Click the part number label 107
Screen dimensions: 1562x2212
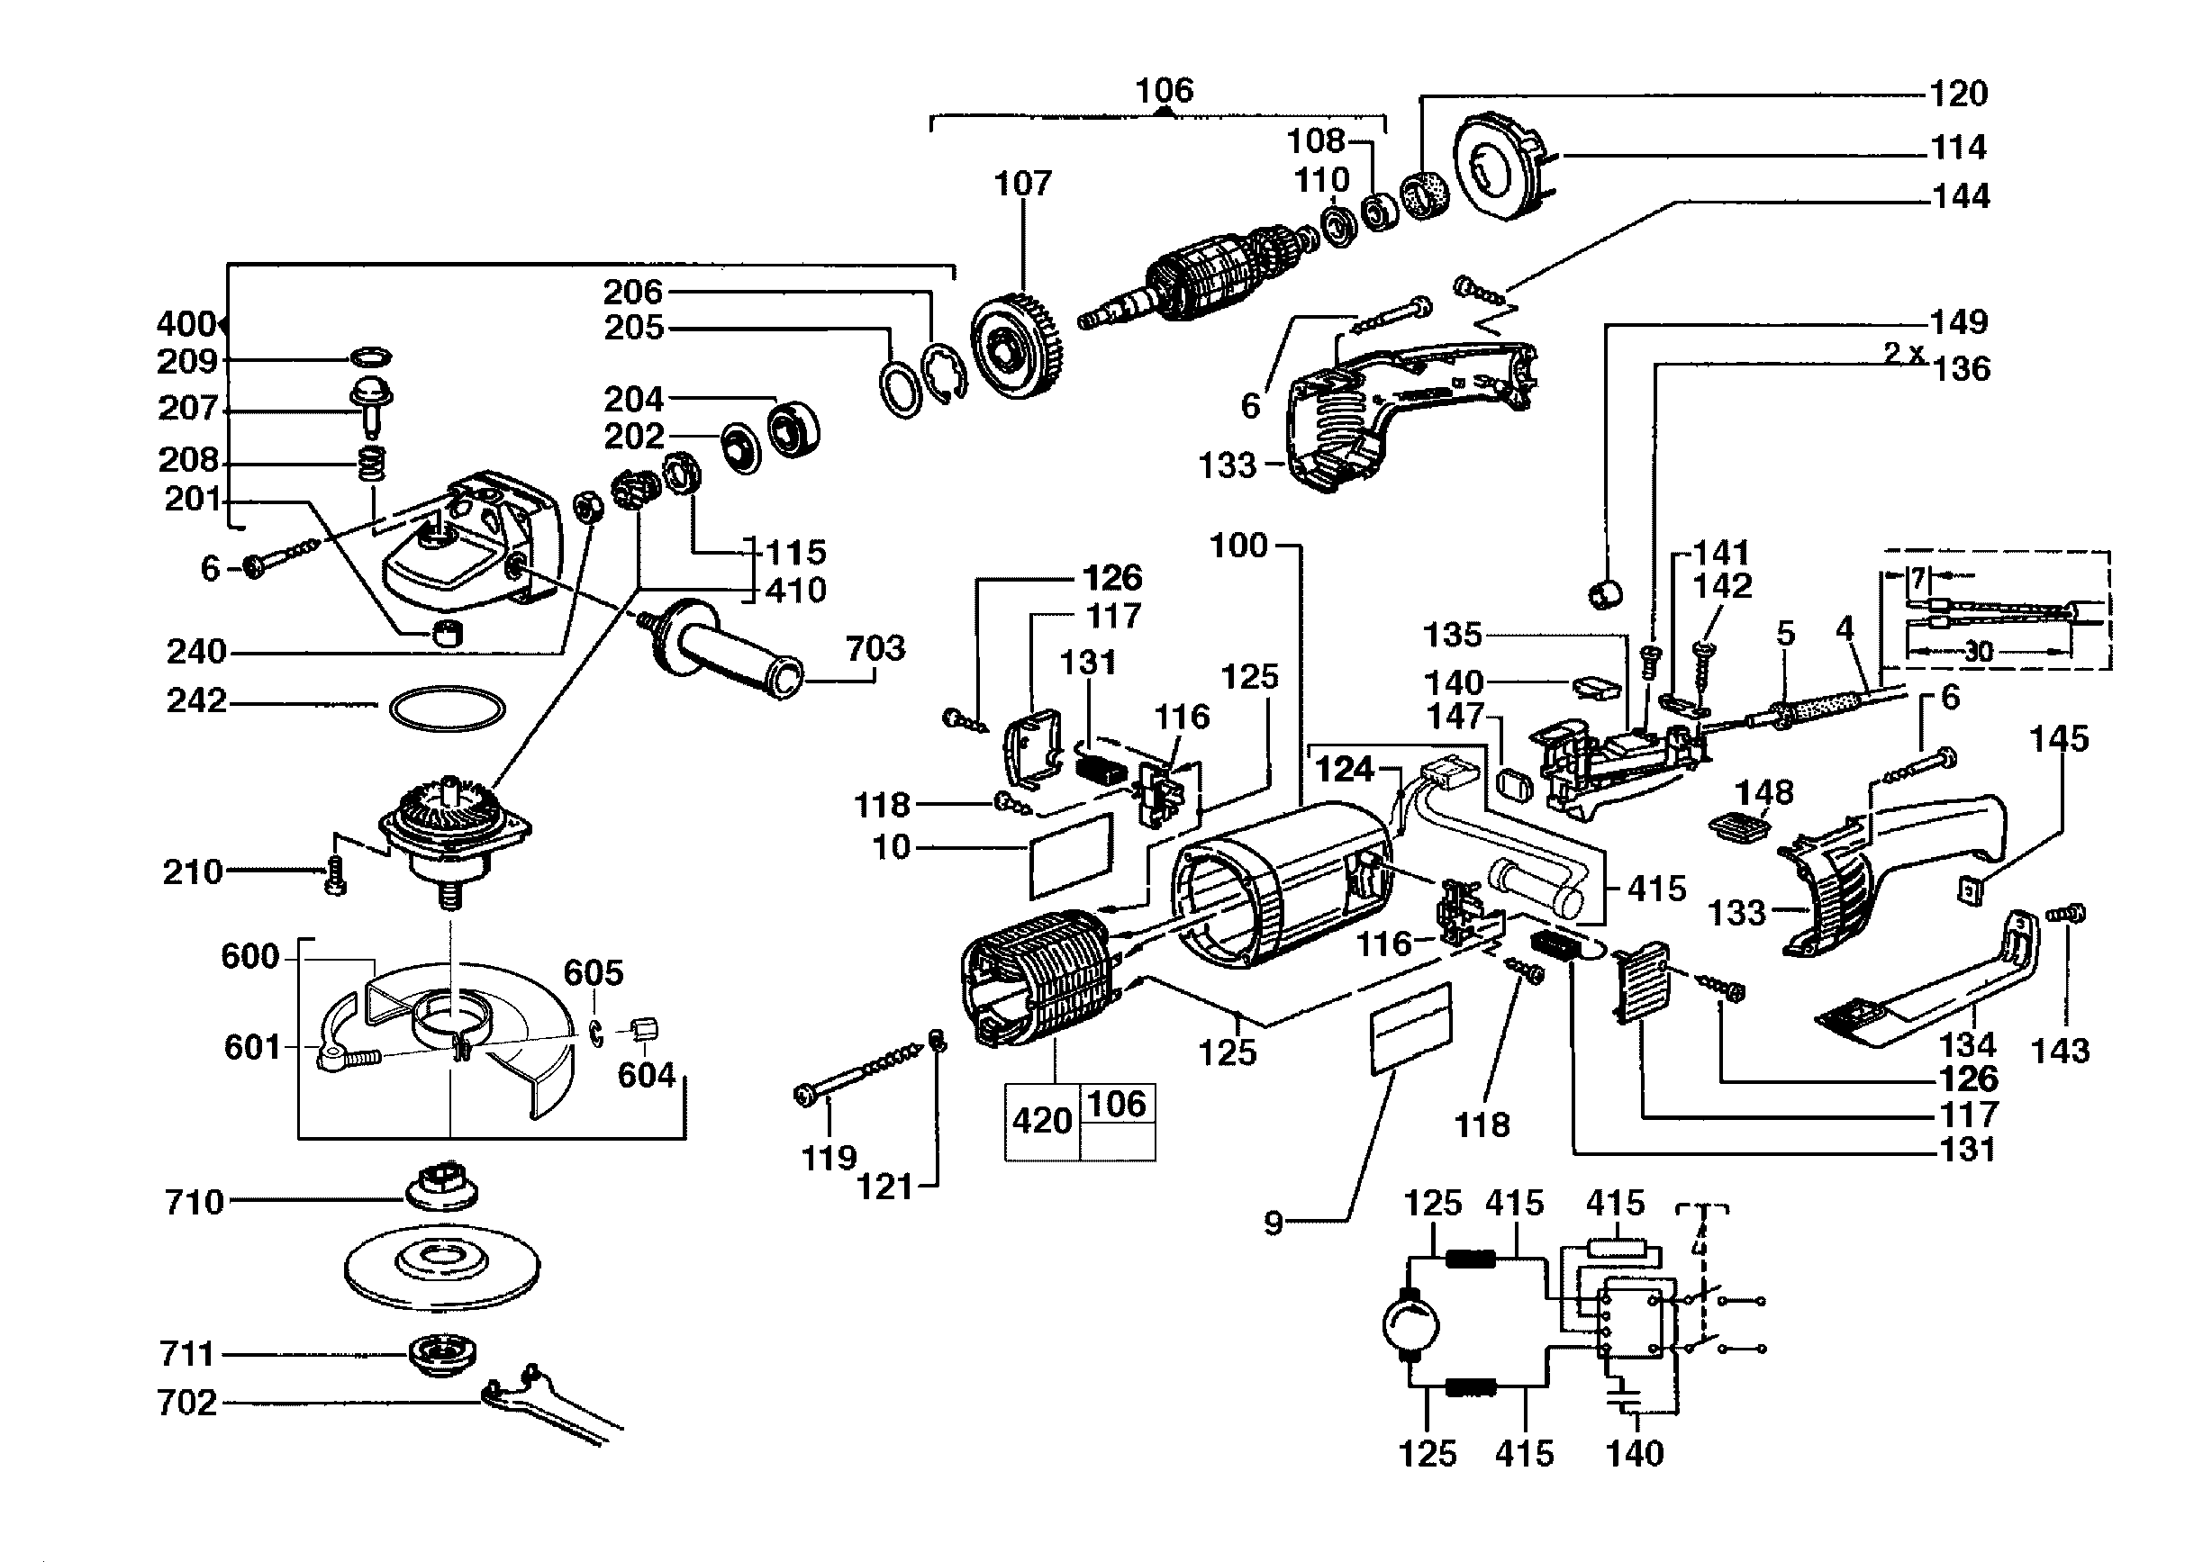[x=1022, y=183]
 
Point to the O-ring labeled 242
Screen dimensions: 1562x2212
[x=447, y=709]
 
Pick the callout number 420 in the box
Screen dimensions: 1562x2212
[x=1042, y=1121]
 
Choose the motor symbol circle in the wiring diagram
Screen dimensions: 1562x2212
[x=1410, y=1325]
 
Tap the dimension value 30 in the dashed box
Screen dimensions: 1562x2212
[x=1978, y=652]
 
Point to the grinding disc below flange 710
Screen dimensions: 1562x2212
[x=442, y=1264]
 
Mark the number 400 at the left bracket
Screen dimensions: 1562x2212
[x=186, y=323]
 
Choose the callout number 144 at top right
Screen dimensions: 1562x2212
[x=1961, y=196]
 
